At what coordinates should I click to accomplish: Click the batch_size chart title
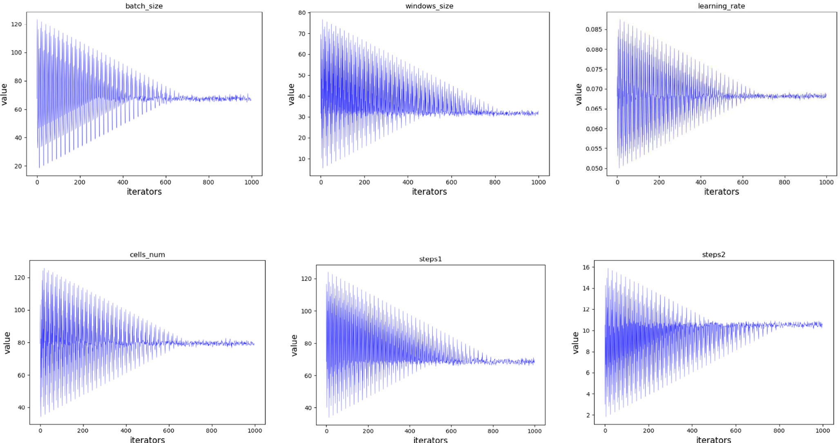pos(144,6)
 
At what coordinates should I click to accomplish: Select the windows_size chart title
pos(429,6)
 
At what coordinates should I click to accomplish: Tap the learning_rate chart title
pos(721,6)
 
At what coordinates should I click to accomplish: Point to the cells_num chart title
pos(147,254)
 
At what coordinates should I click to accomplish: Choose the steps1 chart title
pos(430,259)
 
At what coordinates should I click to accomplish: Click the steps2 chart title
pos(713,254)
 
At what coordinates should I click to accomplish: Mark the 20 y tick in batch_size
pos(18,166)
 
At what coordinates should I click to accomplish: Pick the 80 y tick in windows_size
pos(302,13)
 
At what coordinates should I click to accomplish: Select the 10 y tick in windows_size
pos(302,159)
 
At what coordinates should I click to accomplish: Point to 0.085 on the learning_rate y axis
pos(594,29)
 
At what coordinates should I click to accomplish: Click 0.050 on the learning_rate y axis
pos(594,168)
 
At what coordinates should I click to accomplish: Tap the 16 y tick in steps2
pos(586,267)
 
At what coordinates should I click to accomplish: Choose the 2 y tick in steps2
pos(588,415)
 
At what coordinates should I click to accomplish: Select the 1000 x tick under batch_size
pos(251,182)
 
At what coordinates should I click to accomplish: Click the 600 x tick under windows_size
pos(451,182)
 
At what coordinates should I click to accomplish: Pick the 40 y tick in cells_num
pos(21,407)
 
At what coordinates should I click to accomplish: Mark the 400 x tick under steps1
pos(409,431)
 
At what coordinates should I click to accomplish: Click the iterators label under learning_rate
pos(721,191)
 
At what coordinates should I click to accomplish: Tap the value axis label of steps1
pos(294,345)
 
